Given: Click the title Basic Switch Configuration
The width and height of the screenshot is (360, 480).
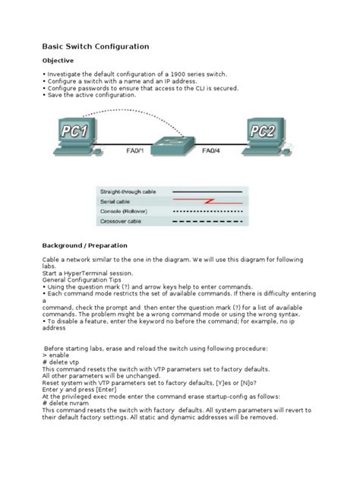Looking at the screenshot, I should [x=96, y=46].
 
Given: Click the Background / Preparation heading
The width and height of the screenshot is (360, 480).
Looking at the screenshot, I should [x=84, y=246].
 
